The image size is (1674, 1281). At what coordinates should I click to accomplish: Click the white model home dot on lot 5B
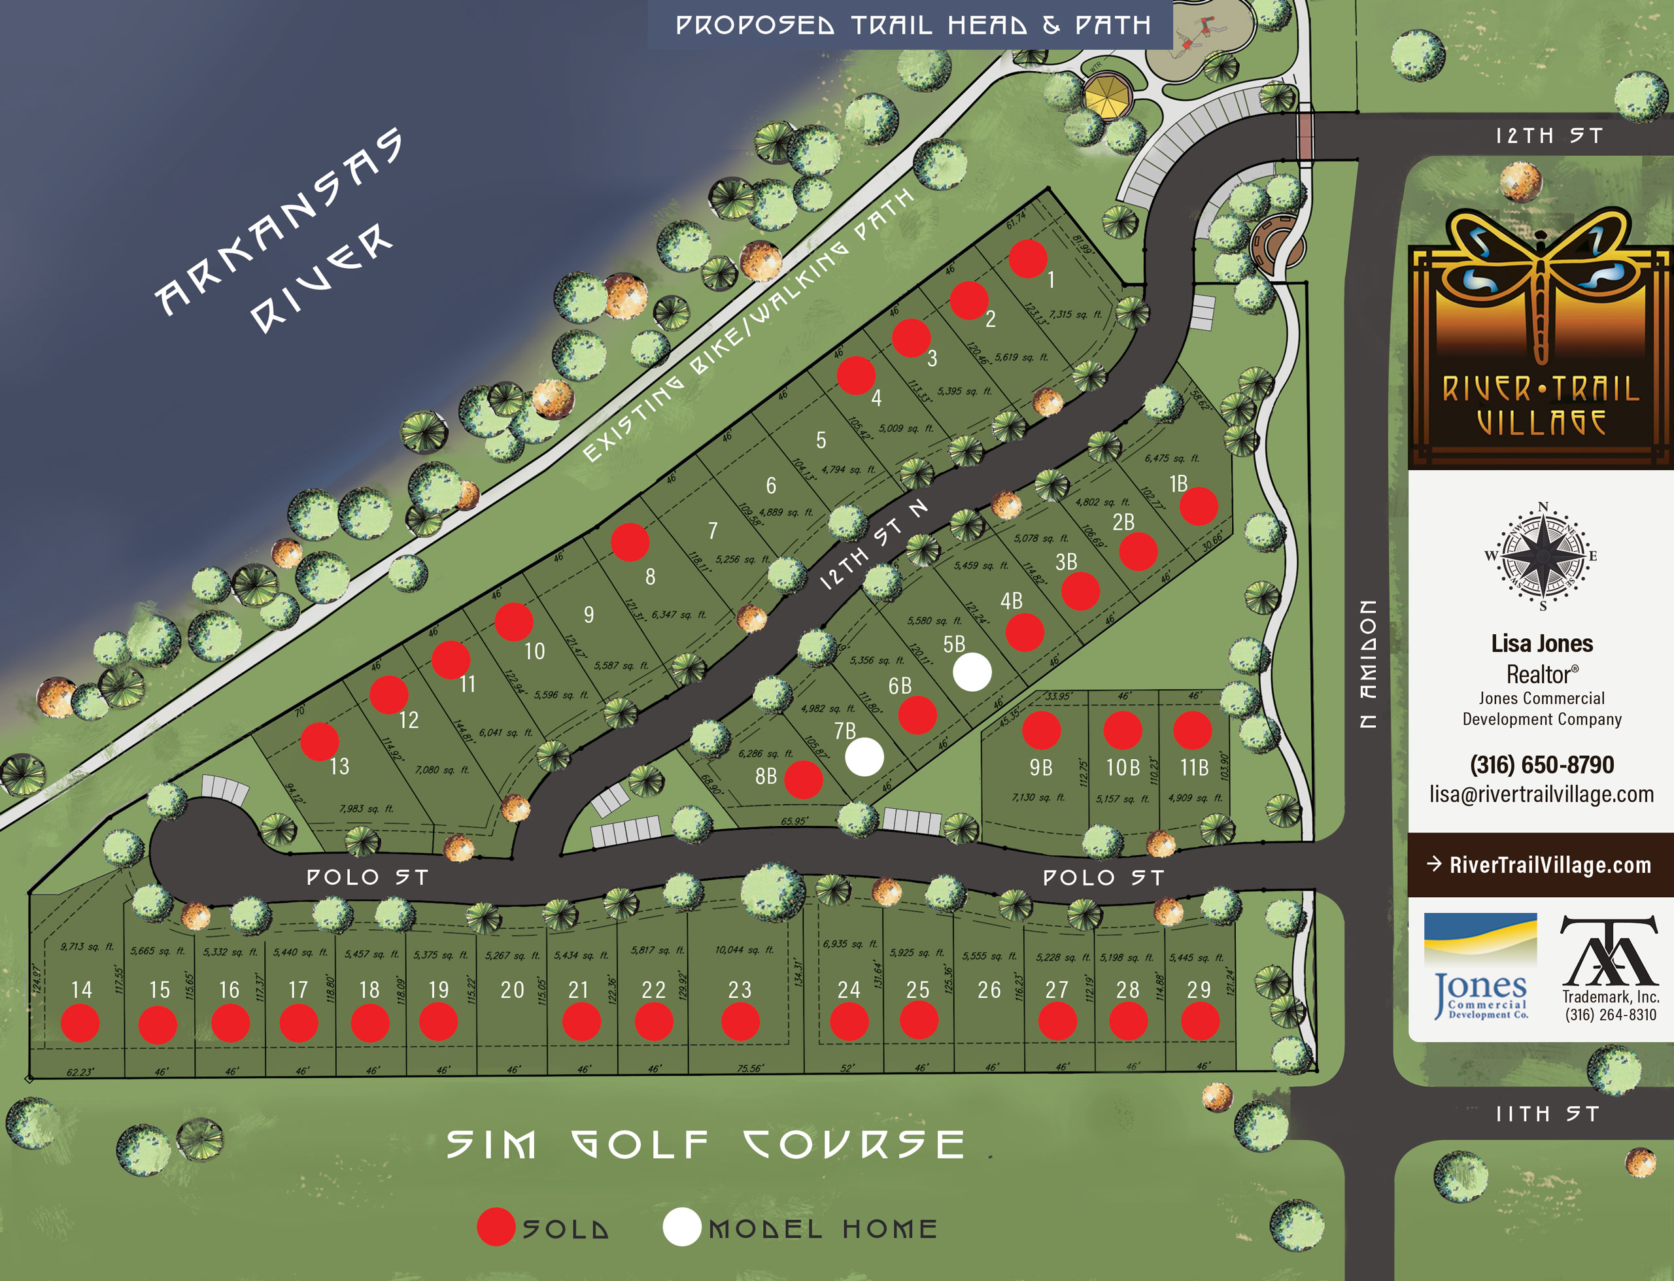[x=972, y=672]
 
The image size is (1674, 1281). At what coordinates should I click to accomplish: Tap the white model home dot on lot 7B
[x=864, y=757]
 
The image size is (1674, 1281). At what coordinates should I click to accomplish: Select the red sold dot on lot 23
[x=740, y=1022]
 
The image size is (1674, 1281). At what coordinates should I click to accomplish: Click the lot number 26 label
[x=989, y=990]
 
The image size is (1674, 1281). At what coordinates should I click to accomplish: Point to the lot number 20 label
[x=512, y=990]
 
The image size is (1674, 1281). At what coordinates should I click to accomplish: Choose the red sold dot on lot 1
[x=1027, y=258]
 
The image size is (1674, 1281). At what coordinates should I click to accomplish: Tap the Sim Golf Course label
[x=705, y=1144]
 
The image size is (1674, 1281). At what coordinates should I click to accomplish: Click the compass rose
[x=1542, y=555]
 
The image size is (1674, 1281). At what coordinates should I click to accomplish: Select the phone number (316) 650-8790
[x=1541, y=764]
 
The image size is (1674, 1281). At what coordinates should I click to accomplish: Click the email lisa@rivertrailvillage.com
[x=1541, y=794]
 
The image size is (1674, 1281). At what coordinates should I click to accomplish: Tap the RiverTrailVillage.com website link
[x=1549, y=864]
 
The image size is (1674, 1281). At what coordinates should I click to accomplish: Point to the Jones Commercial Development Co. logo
[x=1480, y=965]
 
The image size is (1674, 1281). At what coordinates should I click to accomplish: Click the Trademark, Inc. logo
[x=1610, y=967]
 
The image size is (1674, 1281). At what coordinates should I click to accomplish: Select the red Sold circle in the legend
[x=496, y=1227]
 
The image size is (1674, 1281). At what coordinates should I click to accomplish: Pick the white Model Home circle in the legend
[x=681, y=1227]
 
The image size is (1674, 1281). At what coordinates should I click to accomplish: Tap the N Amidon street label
[x=1369, y=663]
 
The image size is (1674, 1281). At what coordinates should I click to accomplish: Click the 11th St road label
[x=1546, y=1114]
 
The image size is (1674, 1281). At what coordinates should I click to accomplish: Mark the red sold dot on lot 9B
[x=1041, y=730]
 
